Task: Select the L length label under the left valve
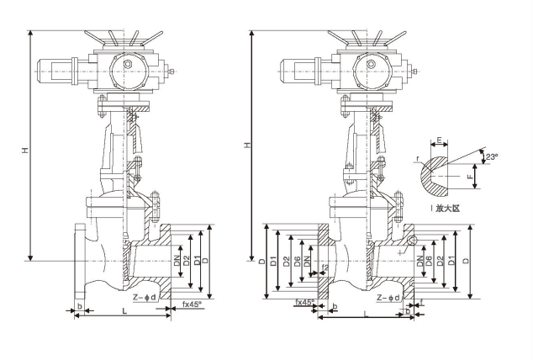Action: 124,312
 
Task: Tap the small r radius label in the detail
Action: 418,157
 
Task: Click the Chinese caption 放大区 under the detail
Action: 452,205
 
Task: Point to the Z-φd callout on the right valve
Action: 392,297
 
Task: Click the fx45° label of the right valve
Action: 304,302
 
